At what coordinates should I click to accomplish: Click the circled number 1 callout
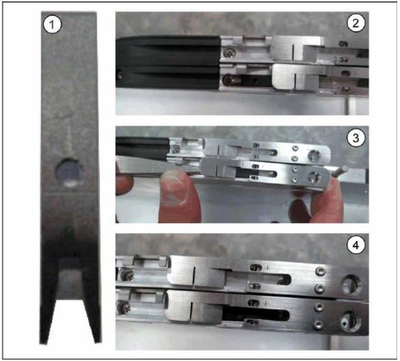[52, 25]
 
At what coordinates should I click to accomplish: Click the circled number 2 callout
[356, 23]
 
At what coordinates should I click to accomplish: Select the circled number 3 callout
[356, 138]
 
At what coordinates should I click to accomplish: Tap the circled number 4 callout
[356, 246]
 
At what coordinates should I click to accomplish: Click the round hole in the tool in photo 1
[69, 173]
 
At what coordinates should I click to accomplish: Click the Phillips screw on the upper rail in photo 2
[230, 53]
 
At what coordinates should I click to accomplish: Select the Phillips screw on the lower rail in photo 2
[228, 80]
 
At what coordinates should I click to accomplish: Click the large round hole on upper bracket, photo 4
[351, 285]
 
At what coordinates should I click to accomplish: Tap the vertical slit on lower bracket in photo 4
[192, 312]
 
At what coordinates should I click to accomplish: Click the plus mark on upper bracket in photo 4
[267, 267]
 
